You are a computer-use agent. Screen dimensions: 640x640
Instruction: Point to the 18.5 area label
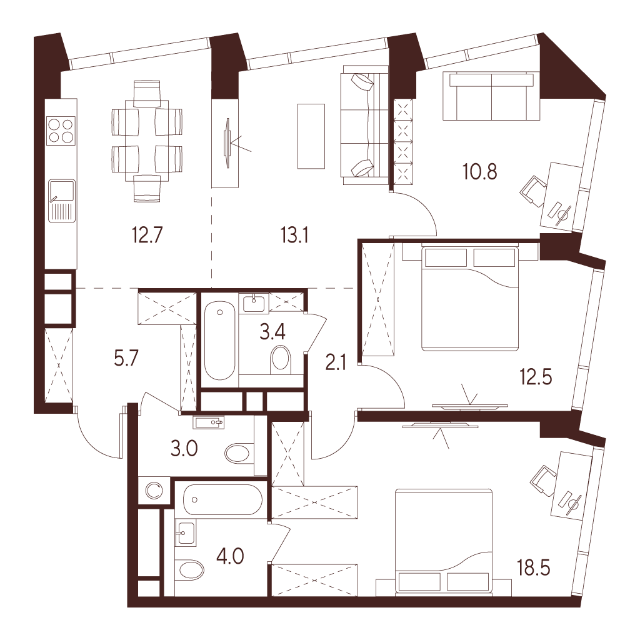[534, 567]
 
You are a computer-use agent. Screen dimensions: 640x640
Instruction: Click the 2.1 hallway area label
[336, 362]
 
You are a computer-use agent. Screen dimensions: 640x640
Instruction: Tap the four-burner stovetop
[61, 131]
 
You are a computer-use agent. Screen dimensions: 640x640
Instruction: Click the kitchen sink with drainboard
[62, 201]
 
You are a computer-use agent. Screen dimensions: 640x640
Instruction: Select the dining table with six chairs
[147, 141]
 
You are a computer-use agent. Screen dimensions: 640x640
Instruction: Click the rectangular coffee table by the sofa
[311, 136]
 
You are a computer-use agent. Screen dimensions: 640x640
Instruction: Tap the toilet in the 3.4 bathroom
[281, 358]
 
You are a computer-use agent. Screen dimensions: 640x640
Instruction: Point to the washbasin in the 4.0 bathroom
[185, 532]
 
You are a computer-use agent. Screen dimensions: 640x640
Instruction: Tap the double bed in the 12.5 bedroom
[469, 297]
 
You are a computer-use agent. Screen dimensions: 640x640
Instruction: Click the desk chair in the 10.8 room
[532, 191]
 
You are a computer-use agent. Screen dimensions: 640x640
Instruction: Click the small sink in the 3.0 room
[209, 422]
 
